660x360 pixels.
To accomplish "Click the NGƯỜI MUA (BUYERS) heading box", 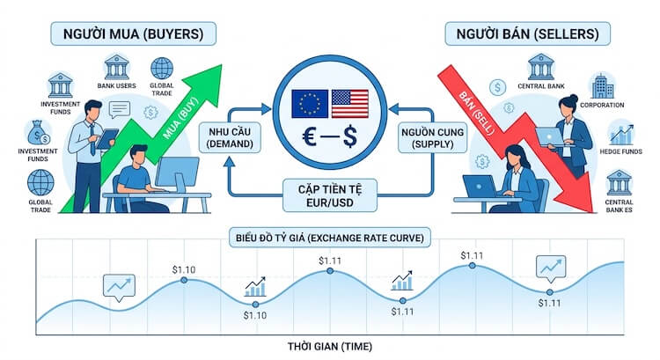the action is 134,33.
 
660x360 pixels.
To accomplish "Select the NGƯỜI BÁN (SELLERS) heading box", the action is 527,33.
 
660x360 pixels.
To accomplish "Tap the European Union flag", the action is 310,104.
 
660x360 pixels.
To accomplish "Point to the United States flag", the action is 349,104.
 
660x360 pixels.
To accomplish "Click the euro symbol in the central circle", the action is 310,136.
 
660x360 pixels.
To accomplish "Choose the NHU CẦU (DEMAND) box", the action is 230,137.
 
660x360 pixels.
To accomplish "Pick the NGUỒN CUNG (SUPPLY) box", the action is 432,137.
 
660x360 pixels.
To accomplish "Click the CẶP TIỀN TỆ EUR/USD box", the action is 330,195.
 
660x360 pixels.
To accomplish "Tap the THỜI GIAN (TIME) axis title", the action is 330,347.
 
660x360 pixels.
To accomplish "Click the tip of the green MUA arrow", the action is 221,65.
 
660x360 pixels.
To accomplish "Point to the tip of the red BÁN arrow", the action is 592,212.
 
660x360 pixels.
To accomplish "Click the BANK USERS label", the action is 116,85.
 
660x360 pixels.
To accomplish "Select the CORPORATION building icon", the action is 602,86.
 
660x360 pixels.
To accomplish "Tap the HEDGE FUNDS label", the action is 621,151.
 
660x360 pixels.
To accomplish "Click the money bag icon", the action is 39,133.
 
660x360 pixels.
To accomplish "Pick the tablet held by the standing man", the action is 106,138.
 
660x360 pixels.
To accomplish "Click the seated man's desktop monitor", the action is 177,173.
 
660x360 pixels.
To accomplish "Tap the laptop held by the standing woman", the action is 549,136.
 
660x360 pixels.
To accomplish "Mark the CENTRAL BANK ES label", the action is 619,206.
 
